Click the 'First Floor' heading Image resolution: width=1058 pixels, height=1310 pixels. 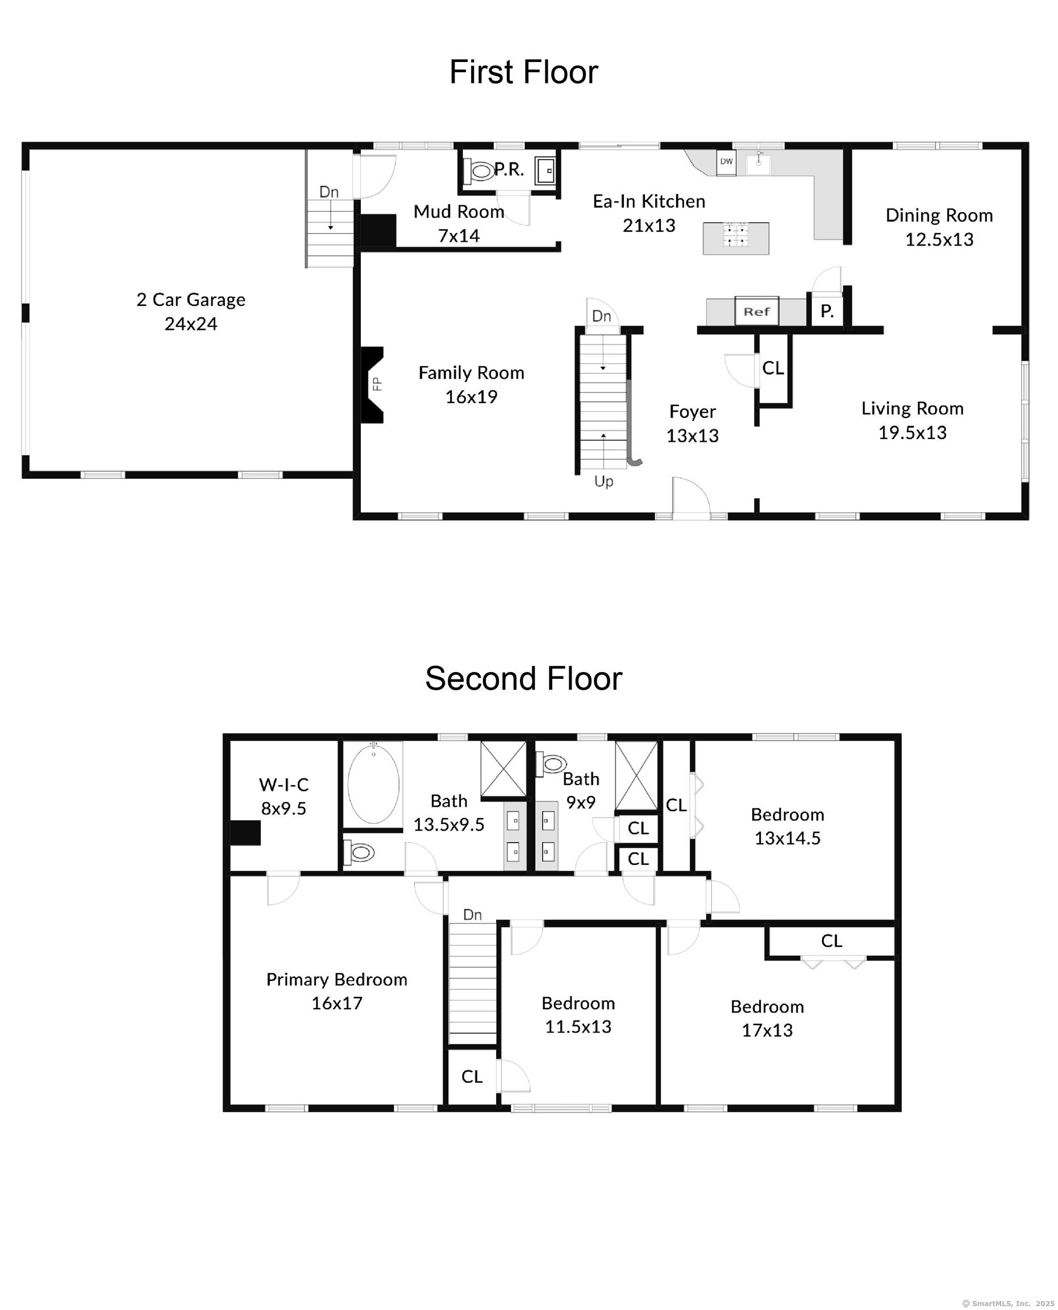click(x=523, y=72)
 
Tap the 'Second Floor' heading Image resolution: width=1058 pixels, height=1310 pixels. click(x=523, y=678)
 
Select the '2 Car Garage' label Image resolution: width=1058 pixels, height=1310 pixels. click(x=191, y=300)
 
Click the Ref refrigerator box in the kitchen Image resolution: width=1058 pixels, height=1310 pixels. click(x=756, y=311)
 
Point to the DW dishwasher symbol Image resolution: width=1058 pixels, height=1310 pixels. click(x=726, y=162)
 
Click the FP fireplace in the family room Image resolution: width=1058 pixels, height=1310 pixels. click(x=373, y=384)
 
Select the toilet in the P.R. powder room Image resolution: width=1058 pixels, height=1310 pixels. click(x=480, y=171)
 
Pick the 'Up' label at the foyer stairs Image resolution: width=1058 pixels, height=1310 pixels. click(x=603, y=481)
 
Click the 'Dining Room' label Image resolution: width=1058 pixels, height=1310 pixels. click(x=939, y=215)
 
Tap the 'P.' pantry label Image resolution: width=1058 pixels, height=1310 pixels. click(x=826, y=312)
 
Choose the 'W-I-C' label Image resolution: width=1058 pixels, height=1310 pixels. click(x=284, y=784)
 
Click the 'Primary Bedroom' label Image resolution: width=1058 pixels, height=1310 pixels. click(x=336, y=979)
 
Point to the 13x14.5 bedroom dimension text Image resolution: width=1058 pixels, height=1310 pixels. click(x=788, y=838)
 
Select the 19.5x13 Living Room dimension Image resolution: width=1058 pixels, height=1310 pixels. click(x=912, y=432)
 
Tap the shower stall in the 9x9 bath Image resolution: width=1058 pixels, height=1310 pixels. click(x=636, y=775)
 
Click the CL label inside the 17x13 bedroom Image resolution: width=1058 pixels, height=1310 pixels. click(x=831, y=940)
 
